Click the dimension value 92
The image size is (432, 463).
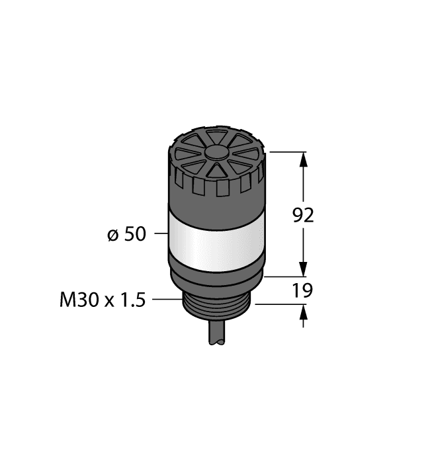point(304,215)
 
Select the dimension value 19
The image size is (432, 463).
point(304,290)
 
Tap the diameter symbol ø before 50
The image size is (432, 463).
point(113,234)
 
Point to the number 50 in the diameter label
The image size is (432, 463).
point(136,234)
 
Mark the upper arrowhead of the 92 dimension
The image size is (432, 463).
point(304,159)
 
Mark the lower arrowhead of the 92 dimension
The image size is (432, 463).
point(304,269)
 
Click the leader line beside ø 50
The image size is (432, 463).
point(161,234)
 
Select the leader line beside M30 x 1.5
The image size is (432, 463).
point(167,300)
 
